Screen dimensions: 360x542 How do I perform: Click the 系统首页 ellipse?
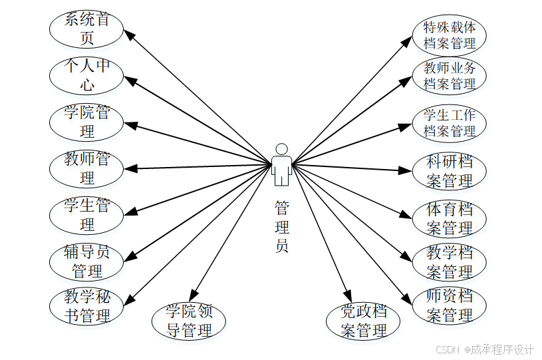(86, 29)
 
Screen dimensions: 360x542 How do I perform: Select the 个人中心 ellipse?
(86, 76)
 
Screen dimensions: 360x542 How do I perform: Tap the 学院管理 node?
(86, 122)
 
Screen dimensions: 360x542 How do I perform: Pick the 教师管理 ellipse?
(86, 168)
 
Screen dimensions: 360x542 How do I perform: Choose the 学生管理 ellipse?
(86, 214)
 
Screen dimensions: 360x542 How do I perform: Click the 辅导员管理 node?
(86, 262)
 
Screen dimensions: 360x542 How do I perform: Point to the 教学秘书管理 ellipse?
(86, 306)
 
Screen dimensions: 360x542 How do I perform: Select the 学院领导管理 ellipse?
(189, 321)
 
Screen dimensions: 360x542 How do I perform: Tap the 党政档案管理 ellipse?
(363, 321)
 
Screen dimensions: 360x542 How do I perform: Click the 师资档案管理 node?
(450, 305)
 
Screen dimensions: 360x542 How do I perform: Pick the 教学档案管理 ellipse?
(450, 262)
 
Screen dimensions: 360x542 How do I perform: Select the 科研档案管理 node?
(450, 171)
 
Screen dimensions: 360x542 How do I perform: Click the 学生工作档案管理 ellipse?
(450, 122)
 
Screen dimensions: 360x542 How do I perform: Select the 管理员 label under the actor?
(282, 226)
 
